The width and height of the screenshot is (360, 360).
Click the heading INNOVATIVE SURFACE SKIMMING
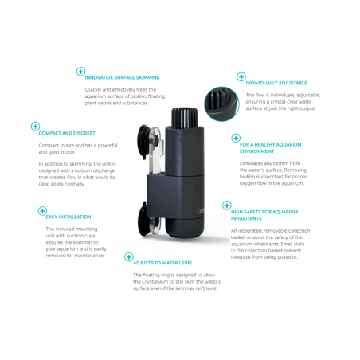pyautogui.click(x=122, y=77)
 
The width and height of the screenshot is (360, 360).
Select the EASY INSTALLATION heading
pyautogui.click(x=68, y=217)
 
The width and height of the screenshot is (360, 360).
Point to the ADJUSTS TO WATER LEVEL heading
pyautogui.click(x=163, y=263)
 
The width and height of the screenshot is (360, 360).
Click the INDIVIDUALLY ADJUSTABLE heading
pyautogui.click(x=276, y=83)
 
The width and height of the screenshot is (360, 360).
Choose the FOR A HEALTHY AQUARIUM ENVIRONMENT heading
pyautogui.click(x=263, y=147)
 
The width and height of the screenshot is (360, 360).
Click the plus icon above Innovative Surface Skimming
pyautogui.click(x=80, y=71)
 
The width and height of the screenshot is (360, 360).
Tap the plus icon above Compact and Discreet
pyautogui.click(x=35, y=127)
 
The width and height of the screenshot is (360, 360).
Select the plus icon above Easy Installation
pyautogui.click(x=42, y=210)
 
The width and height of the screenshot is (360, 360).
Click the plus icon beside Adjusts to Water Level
pyautogui.click(x=128, y=256)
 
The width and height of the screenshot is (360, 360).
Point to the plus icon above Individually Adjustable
pyautogui.click(x=241, y=76)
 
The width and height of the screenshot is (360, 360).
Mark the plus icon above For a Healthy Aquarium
pyautogui.click(x=236, y=138)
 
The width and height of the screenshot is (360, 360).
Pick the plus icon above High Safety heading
pyautogui.click(x=227, y=205)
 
